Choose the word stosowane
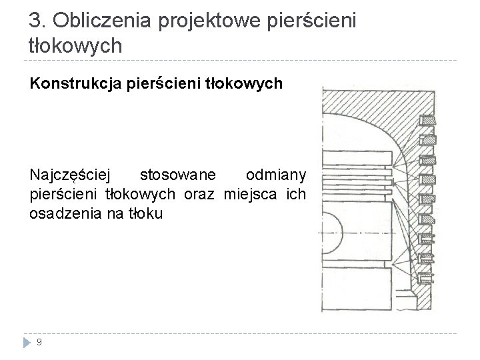pyautogui.click(x=177, y=175)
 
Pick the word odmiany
pyautogui.click(x=276, y=175)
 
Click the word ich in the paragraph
pyautogui.click(x=296, y=195)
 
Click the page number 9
pyautogui.click(x=40, y=343)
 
